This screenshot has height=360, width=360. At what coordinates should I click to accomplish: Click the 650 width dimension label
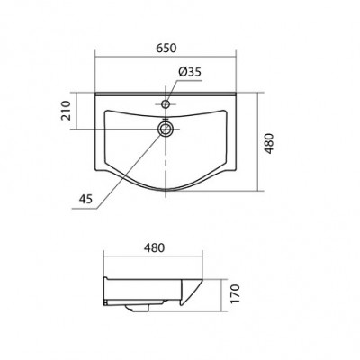tap(166, 49)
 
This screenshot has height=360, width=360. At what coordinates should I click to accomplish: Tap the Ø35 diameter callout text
tap(189, 72)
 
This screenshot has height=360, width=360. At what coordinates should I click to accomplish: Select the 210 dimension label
tap(66, 111)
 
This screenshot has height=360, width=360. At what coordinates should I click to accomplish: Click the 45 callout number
tap(86, 199)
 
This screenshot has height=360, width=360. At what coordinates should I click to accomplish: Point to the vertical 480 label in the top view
tap(270, 143)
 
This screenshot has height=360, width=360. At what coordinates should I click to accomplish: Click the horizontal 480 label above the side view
tap(154, 247)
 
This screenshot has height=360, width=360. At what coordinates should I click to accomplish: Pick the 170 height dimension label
tap(236, 293)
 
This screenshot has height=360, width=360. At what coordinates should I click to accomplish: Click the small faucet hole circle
tap(166, 104)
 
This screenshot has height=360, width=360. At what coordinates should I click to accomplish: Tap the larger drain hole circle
tap(166, 130)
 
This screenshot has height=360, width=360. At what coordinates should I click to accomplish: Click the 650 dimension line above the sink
tap(166, 56)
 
